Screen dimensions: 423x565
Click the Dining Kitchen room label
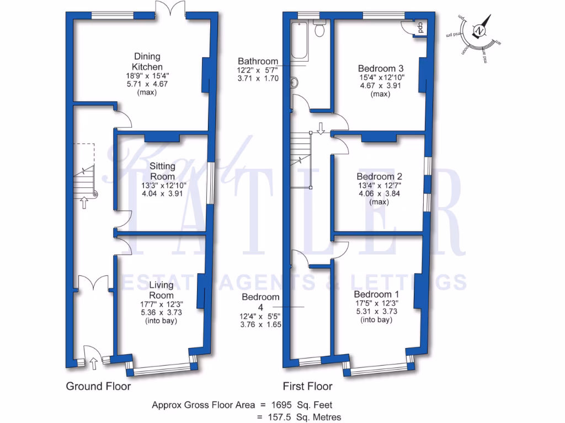pyautogui.click(x=147, y=61)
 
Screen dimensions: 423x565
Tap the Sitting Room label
pyautogui.click(x=162, y=171)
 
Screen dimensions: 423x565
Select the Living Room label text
pyautogui.click(x=161, y=290)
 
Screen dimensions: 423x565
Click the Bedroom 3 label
pyautogui.click(x=381, y=68)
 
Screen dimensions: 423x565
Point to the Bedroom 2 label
pyautogui.click(x=379, y=177)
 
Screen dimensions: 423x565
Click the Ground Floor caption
pyautogui.click(x=98, y=386)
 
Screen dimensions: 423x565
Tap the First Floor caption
pyautogui.click(x=308, y=386)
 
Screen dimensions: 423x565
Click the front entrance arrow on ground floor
pyautogui.click(x=93, y=362)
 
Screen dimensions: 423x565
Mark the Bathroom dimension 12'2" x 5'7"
pyautogui.click(x=258, y=70)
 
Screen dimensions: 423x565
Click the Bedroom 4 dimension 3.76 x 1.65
pyautogui.click(x=260, y=324)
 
